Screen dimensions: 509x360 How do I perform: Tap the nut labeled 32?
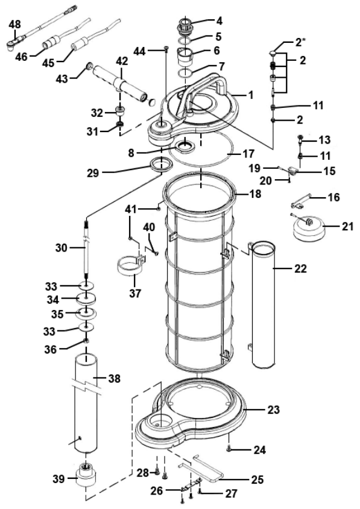(121, 111)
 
